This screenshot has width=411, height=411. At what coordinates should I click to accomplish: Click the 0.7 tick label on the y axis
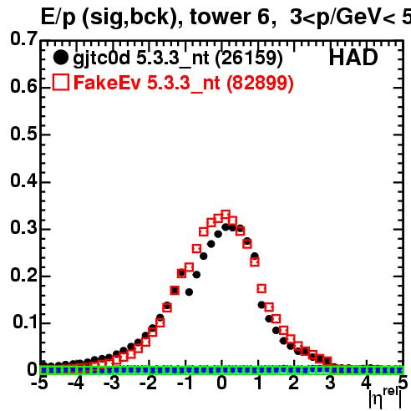point(23,38)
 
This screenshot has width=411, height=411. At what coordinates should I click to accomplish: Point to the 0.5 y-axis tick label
point(23,134)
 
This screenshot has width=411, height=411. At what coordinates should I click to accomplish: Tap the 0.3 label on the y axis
point(23,227)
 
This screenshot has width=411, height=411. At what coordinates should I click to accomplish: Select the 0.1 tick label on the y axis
point(25,322)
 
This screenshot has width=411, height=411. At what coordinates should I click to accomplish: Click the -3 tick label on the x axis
point(112,383)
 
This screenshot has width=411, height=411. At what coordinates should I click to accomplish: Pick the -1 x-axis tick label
point(185,383)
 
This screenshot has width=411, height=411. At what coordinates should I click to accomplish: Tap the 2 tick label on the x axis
point(294,383)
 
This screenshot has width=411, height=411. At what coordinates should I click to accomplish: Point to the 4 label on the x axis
point(366,383)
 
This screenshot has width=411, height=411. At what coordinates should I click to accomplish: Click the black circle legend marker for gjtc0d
point(60,58)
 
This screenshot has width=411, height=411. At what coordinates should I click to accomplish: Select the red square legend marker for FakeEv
point(61,82)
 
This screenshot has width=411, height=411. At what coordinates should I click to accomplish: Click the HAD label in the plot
point(353,58)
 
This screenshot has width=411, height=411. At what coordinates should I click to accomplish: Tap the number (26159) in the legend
point(249,58)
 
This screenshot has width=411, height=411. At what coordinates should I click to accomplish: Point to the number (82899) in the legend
point(260,83)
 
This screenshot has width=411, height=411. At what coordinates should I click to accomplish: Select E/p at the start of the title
point(58,18)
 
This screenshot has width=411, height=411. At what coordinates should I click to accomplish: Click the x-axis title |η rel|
point(385,398)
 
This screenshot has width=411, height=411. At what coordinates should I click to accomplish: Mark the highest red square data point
point(226,215)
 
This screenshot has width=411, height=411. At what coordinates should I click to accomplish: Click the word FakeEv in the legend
point(107,83)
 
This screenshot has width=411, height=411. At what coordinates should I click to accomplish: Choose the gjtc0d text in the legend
point(102,58)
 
